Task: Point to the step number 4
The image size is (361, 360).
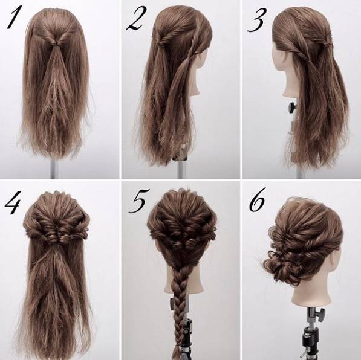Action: (13, 202)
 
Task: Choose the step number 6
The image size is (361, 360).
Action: (258, 200)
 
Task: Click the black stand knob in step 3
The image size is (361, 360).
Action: (291, 108)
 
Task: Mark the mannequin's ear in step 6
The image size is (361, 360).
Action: (333, 260)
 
